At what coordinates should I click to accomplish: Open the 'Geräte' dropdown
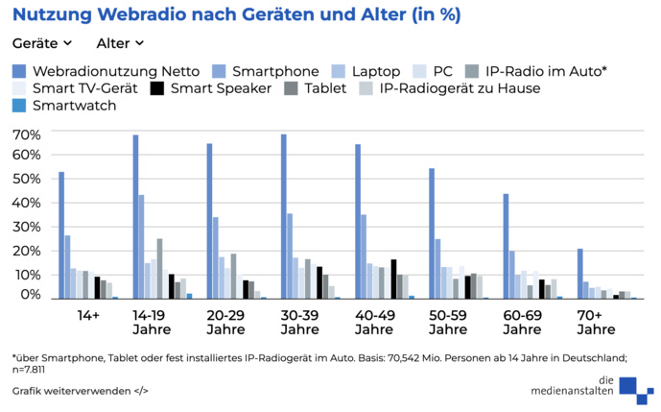coord(42,43)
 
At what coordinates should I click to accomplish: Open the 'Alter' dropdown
coord(120,43)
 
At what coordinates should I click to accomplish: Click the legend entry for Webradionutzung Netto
coord(106,71)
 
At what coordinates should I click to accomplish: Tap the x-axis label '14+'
coord(88,314)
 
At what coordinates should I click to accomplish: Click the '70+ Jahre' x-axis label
coord(596,322)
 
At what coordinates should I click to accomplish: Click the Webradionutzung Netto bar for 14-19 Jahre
coord(135,217)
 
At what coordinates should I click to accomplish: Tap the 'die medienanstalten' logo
coord(585,385)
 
